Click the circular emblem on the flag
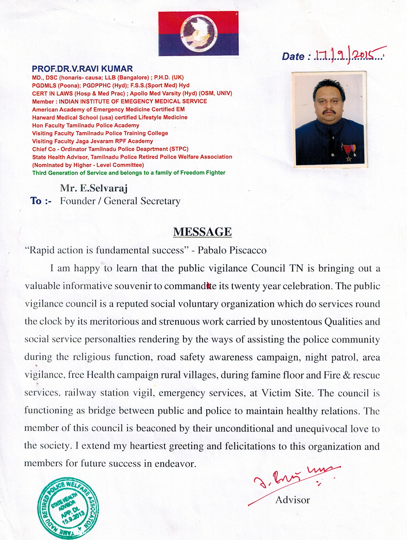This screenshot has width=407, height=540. point(198,33)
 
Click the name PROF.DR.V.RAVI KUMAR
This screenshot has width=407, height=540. point(82,69)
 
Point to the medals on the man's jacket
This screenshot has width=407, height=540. point(348,151)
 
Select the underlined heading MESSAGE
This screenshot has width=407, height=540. point(202,232)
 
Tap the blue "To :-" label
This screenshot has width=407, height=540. point(41,201)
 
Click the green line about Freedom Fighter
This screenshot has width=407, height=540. point(129,173)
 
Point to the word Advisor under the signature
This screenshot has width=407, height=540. point(292,500)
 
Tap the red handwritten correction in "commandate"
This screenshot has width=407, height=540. point(209,287)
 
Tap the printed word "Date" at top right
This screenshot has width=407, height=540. point(293,57)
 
